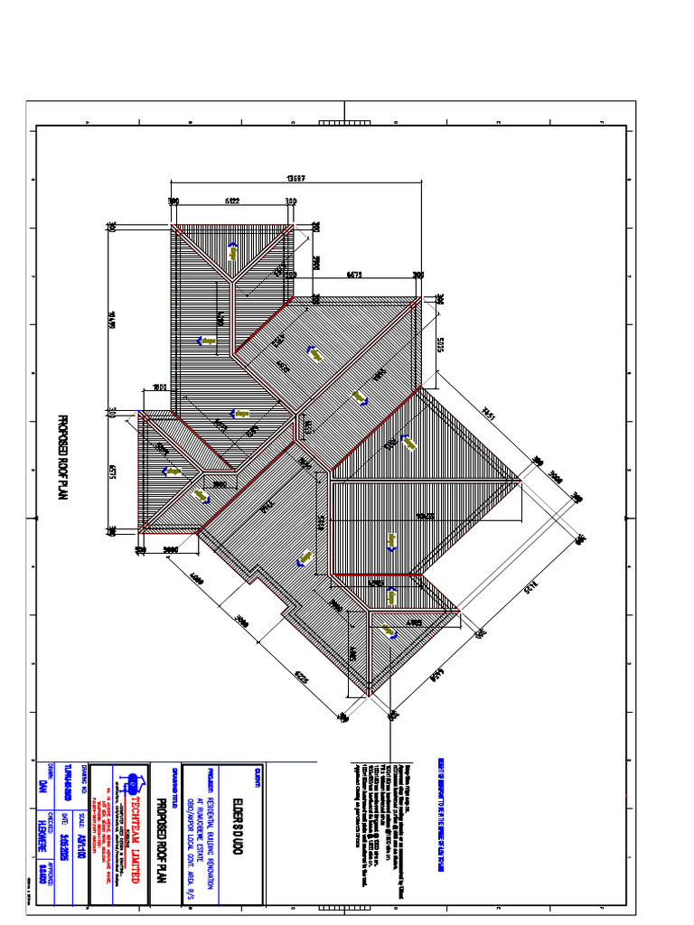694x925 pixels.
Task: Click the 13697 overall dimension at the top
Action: [x=291, y=177]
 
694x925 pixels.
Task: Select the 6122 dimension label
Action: [x=231, y=201]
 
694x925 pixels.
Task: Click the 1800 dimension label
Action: [x=159, y=388]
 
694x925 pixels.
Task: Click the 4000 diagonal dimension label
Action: [x=197, y=579]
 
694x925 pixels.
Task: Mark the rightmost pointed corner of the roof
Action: [x=520, y=480]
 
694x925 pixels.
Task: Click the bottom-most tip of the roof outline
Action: [x=370, y=696]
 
